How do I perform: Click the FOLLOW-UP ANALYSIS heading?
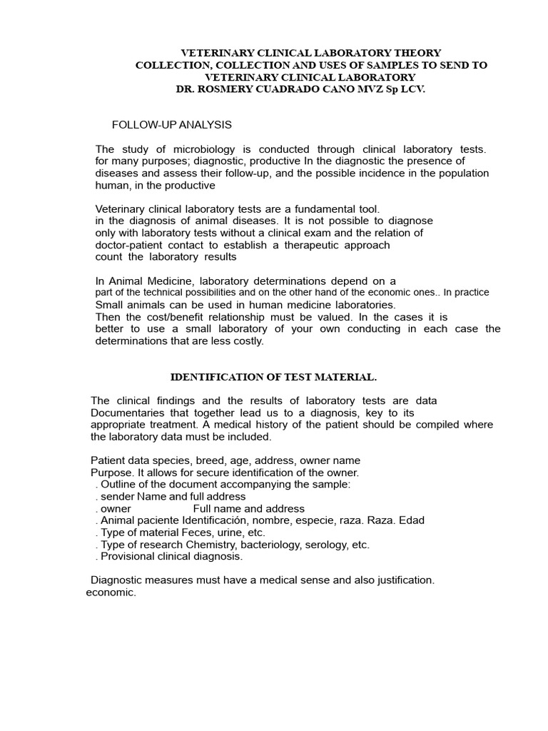(172, 125)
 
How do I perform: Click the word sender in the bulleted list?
(117, 497)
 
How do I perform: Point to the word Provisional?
(128, 557)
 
